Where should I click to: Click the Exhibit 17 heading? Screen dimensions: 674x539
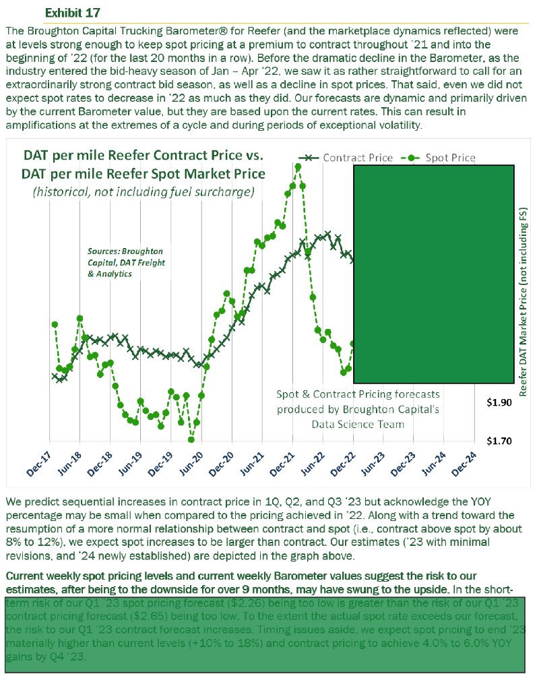73,13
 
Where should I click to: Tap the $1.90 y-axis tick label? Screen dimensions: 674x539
499,402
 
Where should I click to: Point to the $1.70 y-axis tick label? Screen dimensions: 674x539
499,441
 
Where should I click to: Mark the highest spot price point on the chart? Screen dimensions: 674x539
298,166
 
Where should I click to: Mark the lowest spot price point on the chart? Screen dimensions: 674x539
191,439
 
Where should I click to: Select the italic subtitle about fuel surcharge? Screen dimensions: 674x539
144,192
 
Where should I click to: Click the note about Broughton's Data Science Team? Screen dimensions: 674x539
358,409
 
